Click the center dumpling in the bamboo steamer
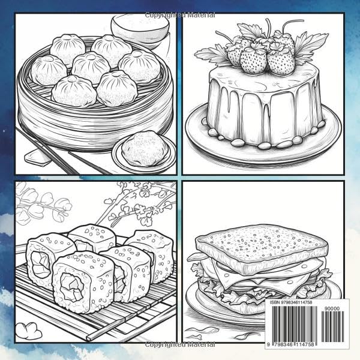90,67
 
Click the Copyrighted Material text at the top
179,14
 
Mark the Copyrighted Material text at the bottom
179,346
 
